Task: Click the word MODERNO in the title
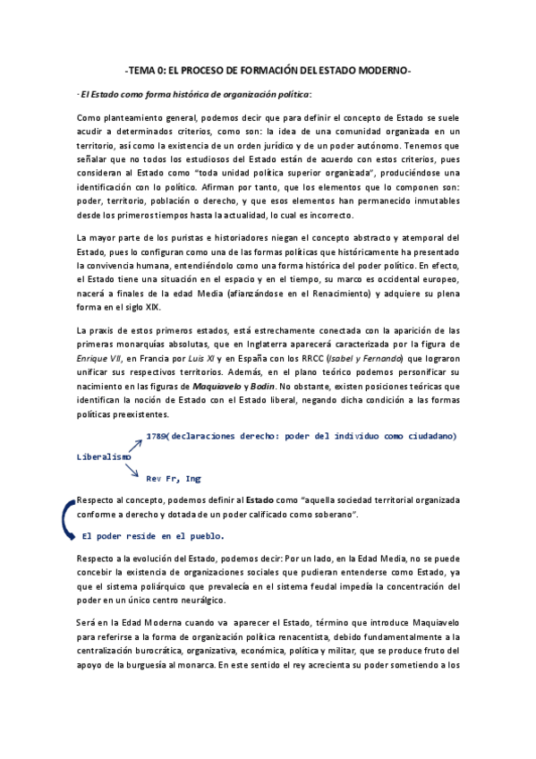pyautogui.click(x=380, y=71)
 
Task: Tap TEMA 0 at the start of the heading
pyautogui.click(x=146, y=71)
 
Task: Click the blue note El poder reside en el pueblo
pyautogui.click(x=153, y=536)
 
